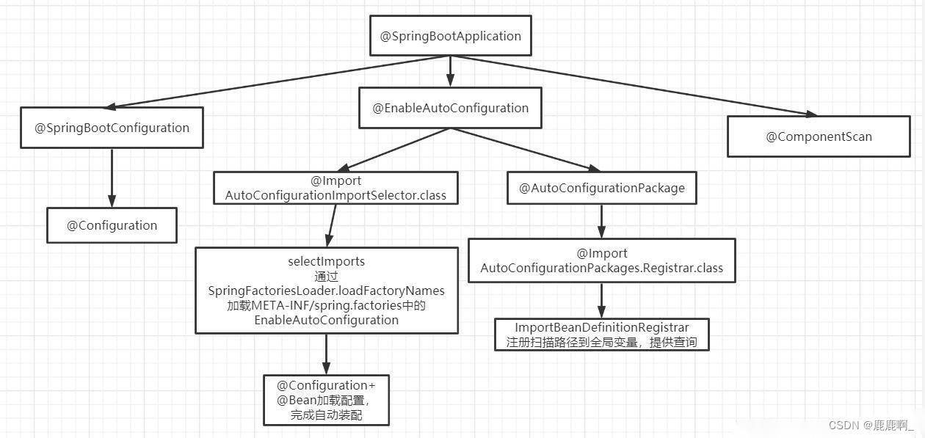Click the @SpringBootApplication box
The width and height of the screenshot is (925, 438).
point(450,36)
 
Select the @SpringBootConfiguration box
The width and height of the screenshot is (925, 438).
point(112,128)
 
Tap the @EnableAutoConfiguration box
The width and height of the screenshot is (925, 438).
point(450,108)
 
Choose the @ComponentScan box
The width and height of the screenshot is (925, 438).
point(819,136)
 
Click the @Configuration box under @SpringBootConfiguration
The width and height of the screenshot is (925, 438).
point(112,225)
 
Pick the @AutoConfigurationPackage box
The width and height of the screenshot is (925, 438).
point(601,188)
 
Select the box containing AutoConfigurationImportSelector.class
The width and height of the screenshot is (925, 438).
point(335,188)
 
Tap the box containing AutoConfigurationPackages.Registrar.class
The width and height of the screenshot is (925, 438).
point(601,260)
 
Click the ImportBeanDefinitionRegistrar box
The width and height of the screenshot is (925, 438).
point(601,335)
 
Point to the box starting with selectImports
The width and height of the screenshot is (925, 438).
point(326,291)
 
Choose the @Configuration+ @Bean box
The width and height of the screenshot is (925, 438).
point(326,400)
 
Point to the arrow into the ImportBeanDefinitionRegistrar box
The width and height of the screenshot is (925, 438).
point(601,300)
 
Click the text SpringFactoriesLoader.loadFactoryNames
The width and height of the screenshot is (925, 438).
point(326,291)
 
